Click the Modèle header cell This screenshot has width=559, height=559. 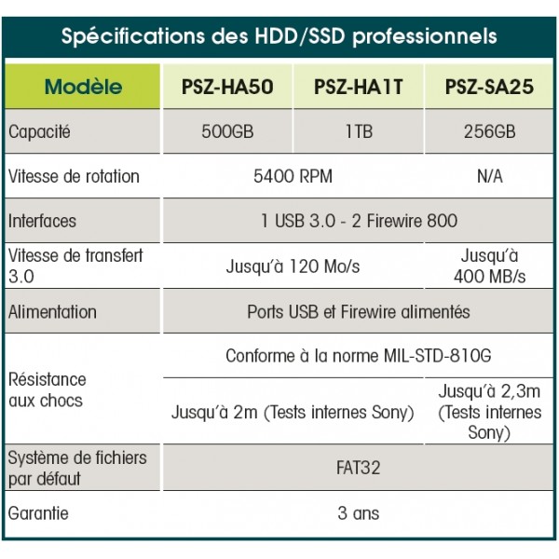pos(83,87)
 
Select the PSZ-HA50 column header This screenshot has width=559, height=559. pos(227,87)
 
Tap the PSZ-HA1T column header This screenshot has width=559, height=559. pos(359,87)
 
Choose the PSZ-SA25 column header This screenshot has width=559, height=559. pos(489,87)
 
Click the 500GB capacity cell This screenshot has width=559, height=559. pos(227,131)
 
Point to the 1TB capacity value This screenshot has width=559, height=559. pos(359,131)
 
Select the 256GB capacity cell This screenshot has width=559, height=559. pos(489,131)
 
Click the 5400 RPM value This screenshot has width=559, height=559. pos(293,176)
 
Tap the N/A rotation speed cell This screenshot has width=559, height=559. pos(490,176)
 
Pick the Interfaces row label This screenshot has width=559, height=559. pos(42,221)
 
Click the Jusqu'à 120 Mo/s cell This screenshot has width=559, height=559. pos(293,266)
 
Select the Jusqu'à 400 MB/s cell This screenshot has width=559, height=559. pos(489,266)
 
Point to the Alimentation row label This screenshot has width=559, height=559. pos(52,311)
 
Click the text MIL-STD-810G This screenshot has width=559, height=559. pos(438,356)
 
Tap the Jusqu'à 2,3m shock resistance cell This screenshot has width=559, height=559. pos(489,412)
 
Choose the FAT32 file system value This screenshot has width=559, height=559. pos(359,468)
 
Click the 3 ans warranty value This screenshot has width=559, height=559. pos(359,513)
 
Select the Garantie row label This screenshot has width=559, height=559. pos(38,513)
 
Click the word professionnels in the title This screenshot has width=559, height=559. pos(425,37)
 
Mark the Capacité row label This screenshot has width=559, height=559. pos(39,132)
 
